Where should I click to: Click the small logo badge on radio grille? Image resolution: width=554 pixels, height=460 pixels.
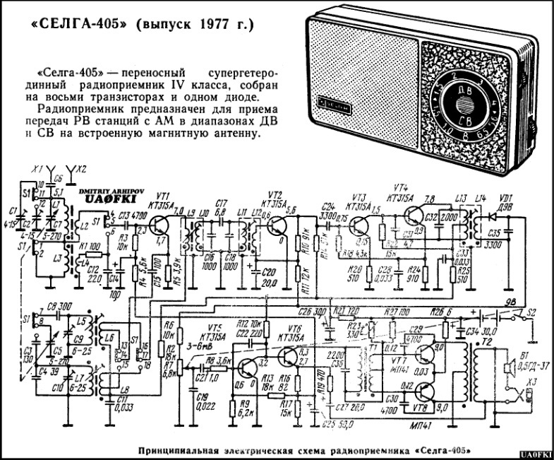click(330, 101)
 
